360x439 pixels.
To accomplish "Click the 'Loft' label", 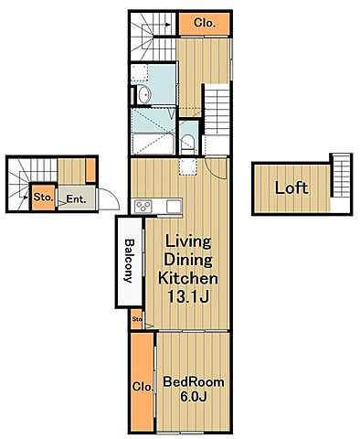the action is point(291,187).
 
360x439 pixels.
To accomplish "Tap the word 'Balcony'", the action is point(130,261).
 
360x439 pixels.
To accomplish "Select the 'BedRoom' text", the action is point(194,382).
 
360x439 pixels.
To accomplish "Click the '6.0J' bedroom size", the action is point(194,396).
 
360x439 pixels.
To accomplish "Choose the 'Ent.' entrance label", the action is point(76,199).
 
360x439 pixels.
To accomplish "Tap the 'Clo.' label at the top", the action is point(205,23).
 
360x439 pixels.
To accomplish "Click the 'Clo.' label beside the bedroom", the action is point(143,387).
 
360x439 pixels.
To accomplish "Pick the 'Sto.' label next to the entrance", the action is point(44,197).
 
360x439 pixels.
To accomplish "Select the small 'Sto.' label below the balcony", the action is point(137,319).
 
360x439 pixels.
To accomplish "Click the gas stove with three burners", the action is point(143,207).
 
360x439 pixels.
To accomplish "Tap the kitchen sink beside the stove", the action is point(174,207).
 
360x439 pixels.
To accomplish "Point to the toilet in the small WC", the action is point(188,145).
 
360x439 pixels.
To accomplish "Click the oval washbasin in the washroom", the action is point(143,94).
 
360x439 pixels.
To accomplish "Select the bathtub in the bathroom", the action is point(154,144).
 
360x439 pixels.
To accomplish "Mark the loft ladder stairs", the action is point(341,176).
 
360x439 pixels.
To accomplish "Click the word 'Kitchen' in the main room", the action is point(188,278).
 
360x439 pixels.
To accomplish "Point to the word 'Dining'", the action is point(188,260).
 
